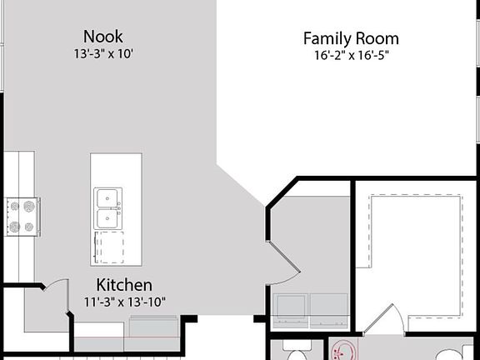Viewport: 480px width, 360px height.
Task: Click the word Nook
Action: click(103, 37)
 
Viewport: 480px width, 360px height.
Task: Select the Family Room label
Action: click(350, 38)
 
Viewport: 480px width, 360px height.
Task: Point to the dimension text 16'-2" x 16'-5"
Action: click(350, 56)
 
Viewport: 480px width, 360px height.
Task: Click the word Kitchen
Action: click(124, 284)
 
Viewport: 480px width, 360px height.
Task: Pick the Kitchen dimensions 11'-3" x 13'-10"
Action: click(125, 301)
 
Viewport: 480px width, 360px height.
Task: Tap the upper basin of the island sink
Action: click(106, 198)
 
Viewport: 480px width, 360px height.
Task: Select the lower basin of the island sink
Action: click(106, 218)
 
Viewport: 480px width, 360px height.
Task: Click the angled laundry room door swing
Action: click(284, 265)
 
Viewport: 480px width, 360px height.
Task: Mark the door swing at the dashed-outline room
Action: click(382, 322)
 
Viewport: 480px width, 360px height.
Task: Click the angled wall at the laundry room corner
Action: click(282, 193)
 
